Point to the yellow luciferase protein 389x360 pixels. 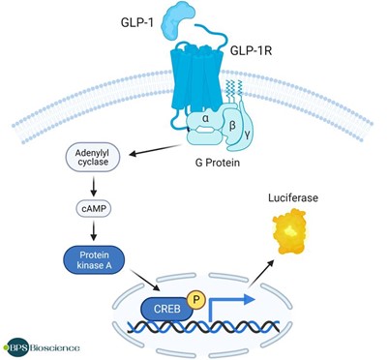click(x=290, y=232)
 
